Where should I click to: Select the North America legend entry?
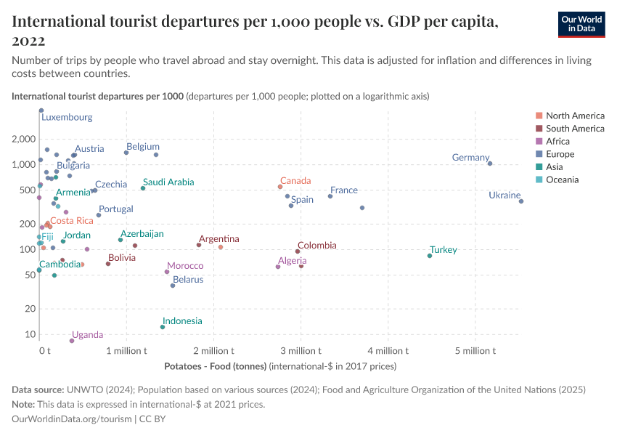pos(575,116)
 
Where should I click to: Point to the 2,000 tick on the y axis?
pos(24,139)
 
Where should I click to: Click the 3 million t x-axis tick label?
pos(300,351)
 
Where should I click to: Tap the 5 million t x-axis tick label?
pos(475,351)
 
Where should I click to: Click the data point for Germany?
pos(490,163)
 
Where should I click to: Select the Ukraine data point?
pos(521,201)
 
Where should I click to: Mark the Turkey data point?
pos(430,256)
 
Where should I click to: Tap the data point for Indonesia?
pos(163,327)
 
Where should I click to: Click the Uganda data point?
pos(72,341)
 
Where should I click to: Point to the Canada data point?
pos(280,187)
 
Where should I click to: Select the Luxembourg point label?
pos(66,117)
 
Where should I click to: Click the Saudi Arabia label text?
pos(168,182)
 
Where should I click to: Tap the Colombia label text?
pos(316,246)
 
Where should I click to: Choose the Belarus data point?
pos(173,286)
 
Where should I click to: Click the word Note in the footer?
pos(24,404)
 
